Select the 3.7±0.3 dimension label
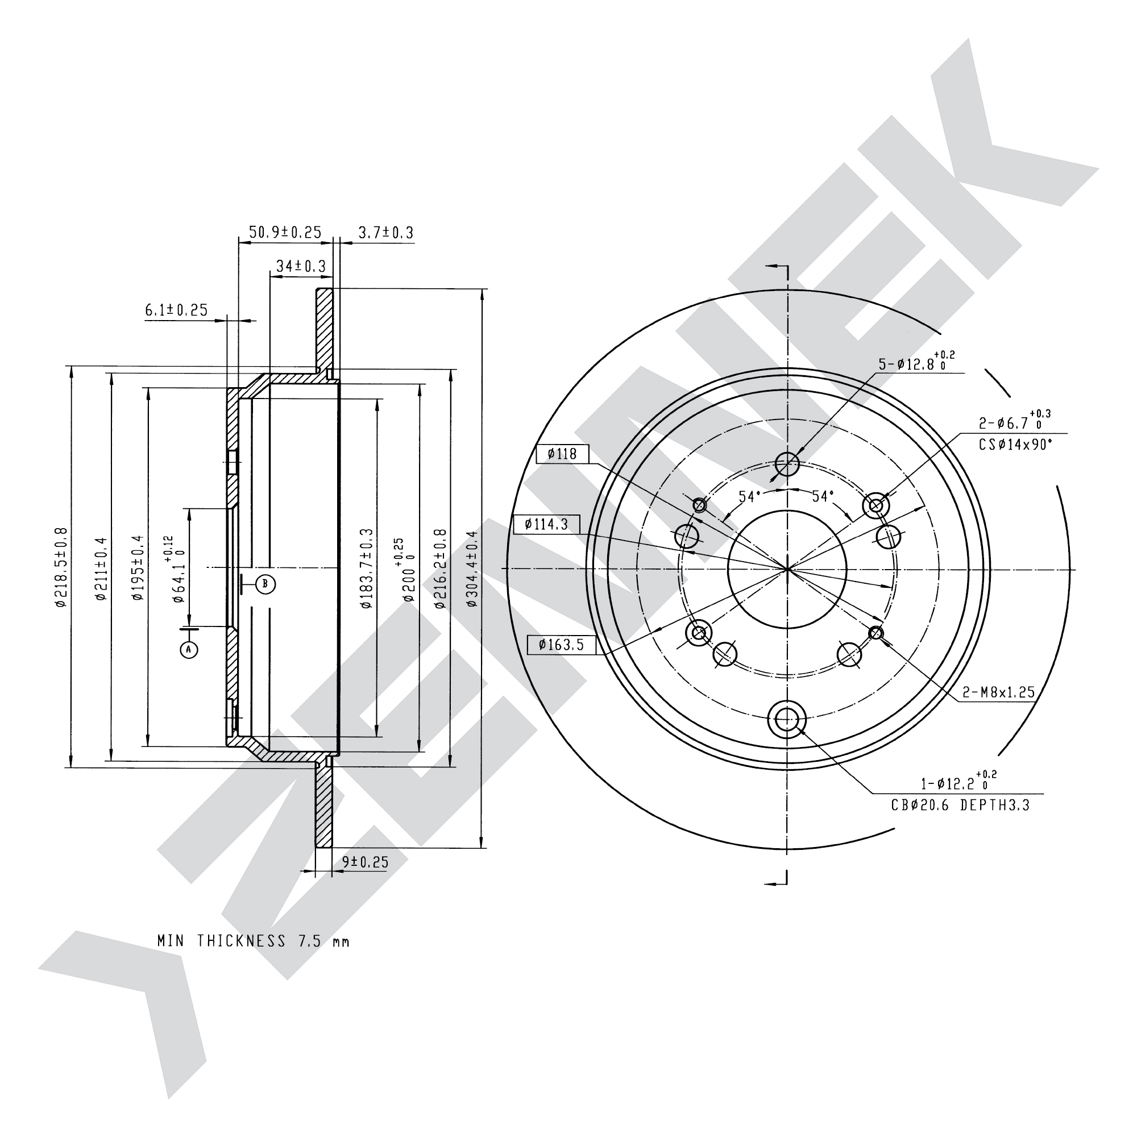tap(386, 233)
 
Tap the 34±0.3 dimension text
tap(301, 266)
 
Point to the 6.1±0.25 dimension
tap(177, 310)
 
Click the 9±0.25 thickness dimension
tap(366, 862)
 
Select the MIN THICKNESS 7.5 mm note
tap(254, 941)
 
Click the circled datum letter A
tap(189, 649)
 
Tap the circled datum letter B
tap(265, 583)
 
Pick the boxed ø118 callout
tap(563, 454)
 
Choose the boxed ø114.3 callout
tap(546, 524)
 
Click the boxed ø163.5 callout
tap(562, 645)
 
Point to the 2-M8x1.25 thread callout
tap(999, 692)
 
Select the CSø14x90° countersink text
tap(1016, 445)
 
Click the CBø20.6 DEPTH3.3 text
tap(960, 805)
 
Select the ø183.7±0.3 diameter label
tap(367, 568)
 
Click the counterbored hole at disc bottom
tap(787, 719)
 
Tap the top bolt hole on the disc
tap(787, 464)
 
